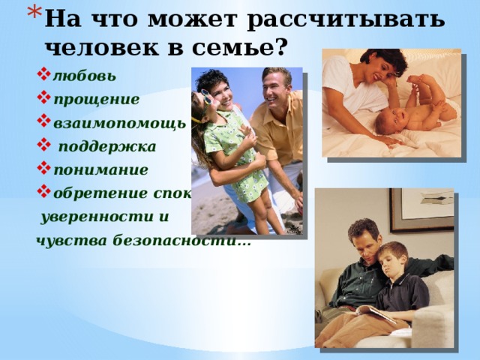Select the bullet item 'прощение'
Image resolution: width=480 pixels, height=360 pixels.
[x=85, y=99]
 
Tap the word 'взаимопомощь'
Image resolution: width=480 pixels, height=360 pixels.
[x=119, y=122]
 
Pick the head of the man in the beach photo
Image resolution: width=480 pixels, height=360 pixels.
[x=274, y=82]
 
